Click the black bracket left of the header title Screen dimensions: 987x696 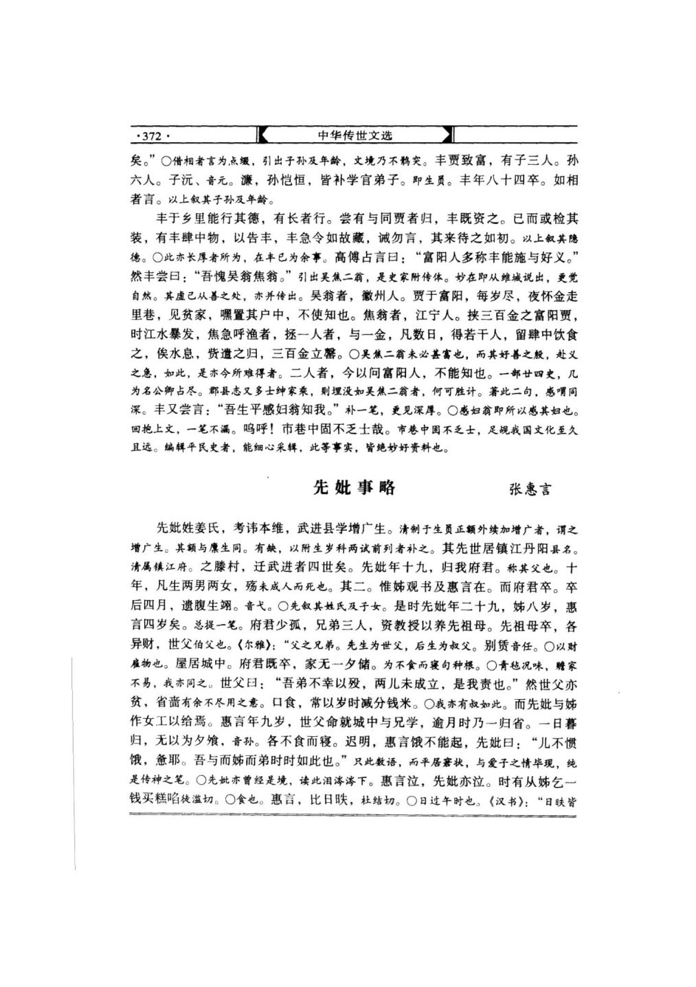pyautogui.click(x=263, y=135)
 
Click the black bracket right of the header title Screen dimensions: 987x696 pyautogui.click(x=448, y=135)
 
